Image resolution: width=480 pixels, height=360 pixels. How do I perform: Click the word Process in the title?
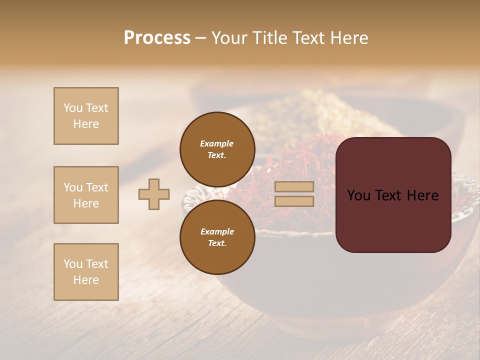coord(157,38)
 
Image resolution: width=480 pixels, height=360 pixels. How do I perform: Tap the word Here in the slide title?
coord(349,38)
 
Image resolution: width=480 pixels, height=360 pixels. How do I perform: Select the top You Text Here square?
coord(86,116)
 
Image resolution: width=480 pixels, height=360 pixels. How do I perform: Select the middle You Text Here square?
coord(86,195)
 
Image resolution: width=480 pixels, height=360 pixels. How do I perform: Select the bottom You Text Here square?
coord(86,272)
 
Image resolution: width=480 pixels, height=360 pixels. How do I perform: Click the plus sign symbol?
coord(154,194)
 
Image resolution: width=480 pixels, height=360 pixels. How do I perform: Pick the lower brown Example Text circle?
coord(217,237)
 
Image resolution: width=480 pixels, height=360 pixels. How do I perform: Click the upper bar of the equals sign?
coord(294,186)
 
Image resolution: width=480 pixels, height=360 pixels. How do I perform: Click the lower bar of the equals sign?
coord(294,201)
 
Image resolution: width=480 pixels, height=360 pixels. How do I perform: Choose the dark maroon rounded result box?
coord(393,195)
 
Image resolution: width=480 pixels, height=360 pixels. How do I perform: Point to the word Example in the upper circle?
coord(217,143)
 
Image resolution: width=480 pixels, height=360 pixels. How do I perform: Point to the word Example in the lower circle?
coord(217,231)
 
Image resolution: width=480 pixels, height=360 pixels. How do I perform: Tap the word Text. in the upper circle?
coord(217,155)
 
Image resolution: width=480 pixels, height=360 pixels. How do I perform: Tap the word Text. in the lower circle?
coord(217,243)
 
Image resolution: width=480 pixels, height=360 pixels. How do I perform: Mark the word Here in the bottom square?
coord(86,280)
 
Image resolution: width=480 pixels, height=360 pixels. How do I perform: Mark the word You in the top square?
coord(73,108)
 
